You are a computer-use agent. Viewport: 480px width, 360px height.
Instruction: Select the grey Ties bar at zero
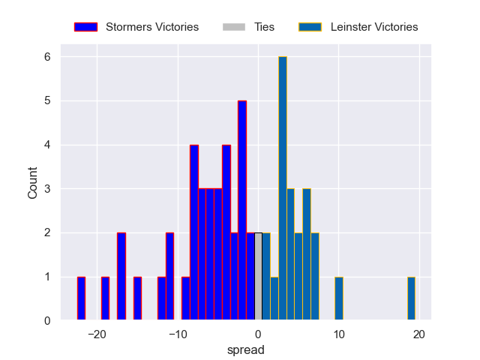(x=258, y=277)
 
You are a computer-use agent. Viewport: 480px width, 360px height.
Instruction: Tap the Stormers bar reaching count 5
(x=242, y=211)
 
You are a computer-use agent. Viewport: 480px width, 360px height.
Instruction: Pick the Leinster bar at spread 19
(x=411, y=299)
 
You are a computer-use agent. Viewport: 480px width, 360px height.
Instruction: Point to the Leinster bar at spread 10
(x=339, y=299)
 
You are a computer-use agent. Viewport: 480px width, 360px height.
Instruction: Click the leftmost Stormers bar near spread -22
(x=81, y=299)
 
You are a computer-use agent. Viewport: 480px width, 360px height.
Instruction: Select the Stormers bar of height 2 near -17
(x=121, y=277)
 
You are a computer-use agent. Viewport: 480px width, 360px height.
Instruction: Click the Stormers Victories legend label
(x=152, y=27)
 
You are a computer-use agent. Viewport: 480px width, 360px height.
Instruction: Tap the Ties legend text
(x=265, y=27)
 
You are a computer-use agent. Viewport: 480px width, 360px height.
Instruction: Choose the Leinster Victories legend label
(x=374, y=27)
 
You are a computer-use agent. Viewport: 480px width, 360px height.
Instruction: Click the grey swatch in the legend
(x=234, y=27)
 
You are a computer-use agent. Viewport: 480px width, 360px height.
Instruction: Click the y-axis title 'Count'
(x=33, y=184)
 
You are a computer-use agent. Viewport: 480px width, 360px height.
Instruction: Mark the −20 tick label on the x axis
(x=97, y=334)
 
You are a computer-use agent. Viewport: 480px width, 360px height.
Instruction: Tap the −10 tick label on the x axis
(x=178, y=334)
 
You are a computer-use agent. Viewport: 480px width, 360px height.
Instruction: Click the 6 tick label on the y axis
(x=46, y=57)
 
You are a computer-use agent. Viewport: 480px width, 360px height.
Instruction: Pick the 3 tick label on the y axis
(x=46, y=189)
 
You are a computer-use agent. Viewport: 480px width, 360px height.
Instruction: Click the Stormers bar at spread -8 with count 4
(x=194, y=232)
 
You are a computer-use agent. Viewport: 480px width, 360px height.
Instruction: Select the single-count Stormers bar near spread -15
(x=137, y=299)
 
